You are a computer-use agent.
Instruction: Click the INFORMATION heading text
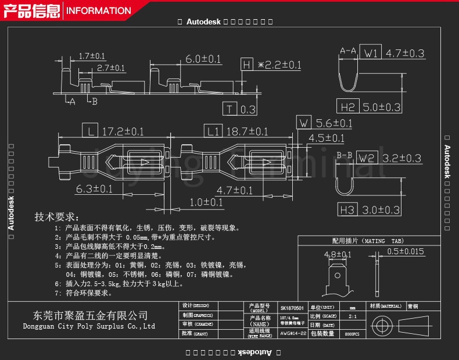click(x=98, y=10)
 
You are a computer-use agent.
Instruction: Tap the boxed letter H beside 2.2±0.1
click(x=247, y=65)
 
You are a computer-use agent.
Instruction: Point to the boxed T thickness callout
click(x=230, y=109)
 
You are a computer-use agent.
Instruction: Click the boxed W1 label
click(x=371, y=54)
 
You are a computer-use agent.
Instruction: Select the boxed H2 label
click(x=347, y=107)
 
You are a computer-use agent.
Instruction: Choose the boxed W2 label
click(x=367, y=158)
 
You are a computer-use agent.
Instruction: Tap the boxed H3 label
click(x=347, y=210)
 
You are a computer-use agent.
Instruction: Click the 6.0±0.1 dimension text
click(x=203, y=59)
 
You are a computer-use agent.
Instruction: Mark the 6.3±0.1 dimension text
click(x=94, y=188)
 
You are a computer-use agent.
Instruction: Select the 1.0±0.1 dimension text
click(x=206, y=202)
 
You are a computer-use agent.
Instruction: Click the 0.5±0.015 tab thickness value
click(x=406, y=251)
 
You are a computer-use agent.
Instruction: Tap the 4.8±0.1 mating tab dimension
click(x=338, y=254)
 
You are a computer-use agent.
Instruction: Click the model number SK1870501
click(x=292, y=309)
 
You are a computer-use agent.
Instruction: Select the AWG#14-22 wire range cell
click(x=292, y=333)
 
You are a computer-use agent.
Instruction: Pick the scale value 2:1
click(x=353, y=317)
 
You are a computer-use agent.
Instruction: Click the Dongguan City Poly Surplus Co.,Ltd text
click(x=88, y=326)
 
